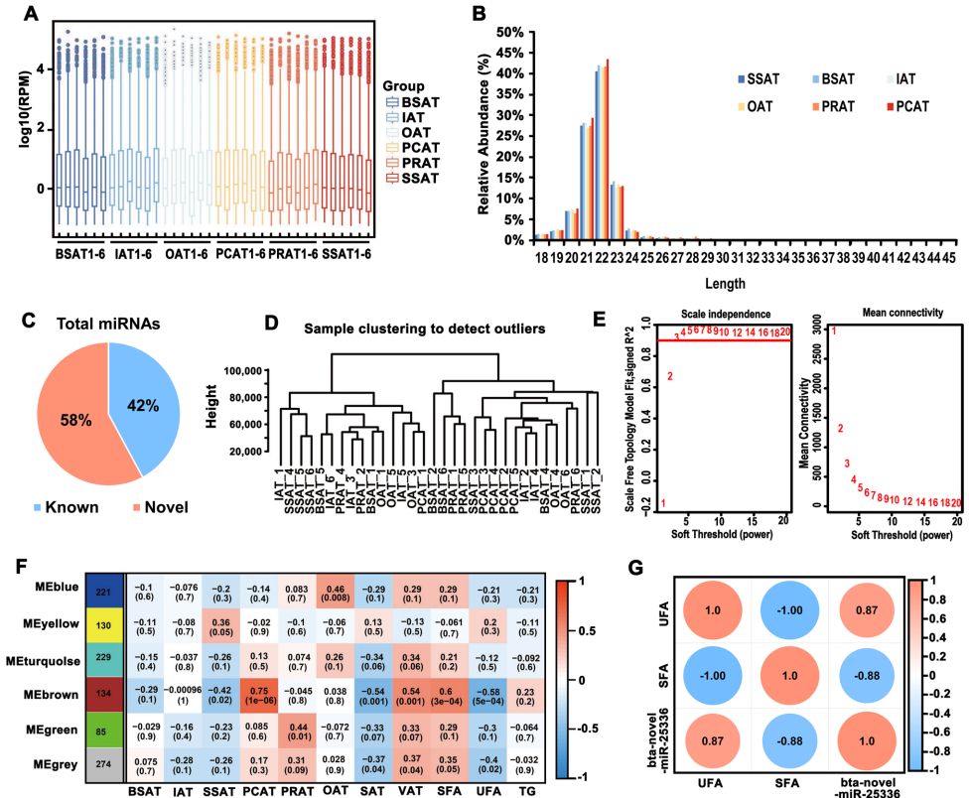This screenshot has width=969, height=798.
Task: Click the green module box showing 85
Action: coord(102,729)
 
